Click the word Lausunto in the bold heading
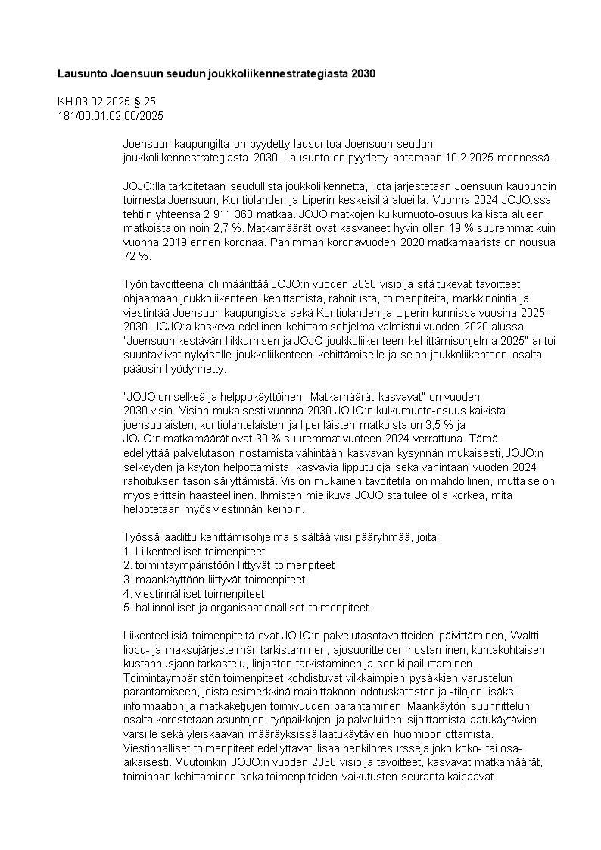pos(83,74)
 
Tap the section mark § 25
pos(145,102)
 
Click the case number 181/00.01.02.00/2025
pos(111,115)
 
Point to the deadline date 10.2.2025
pos(491,158)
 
